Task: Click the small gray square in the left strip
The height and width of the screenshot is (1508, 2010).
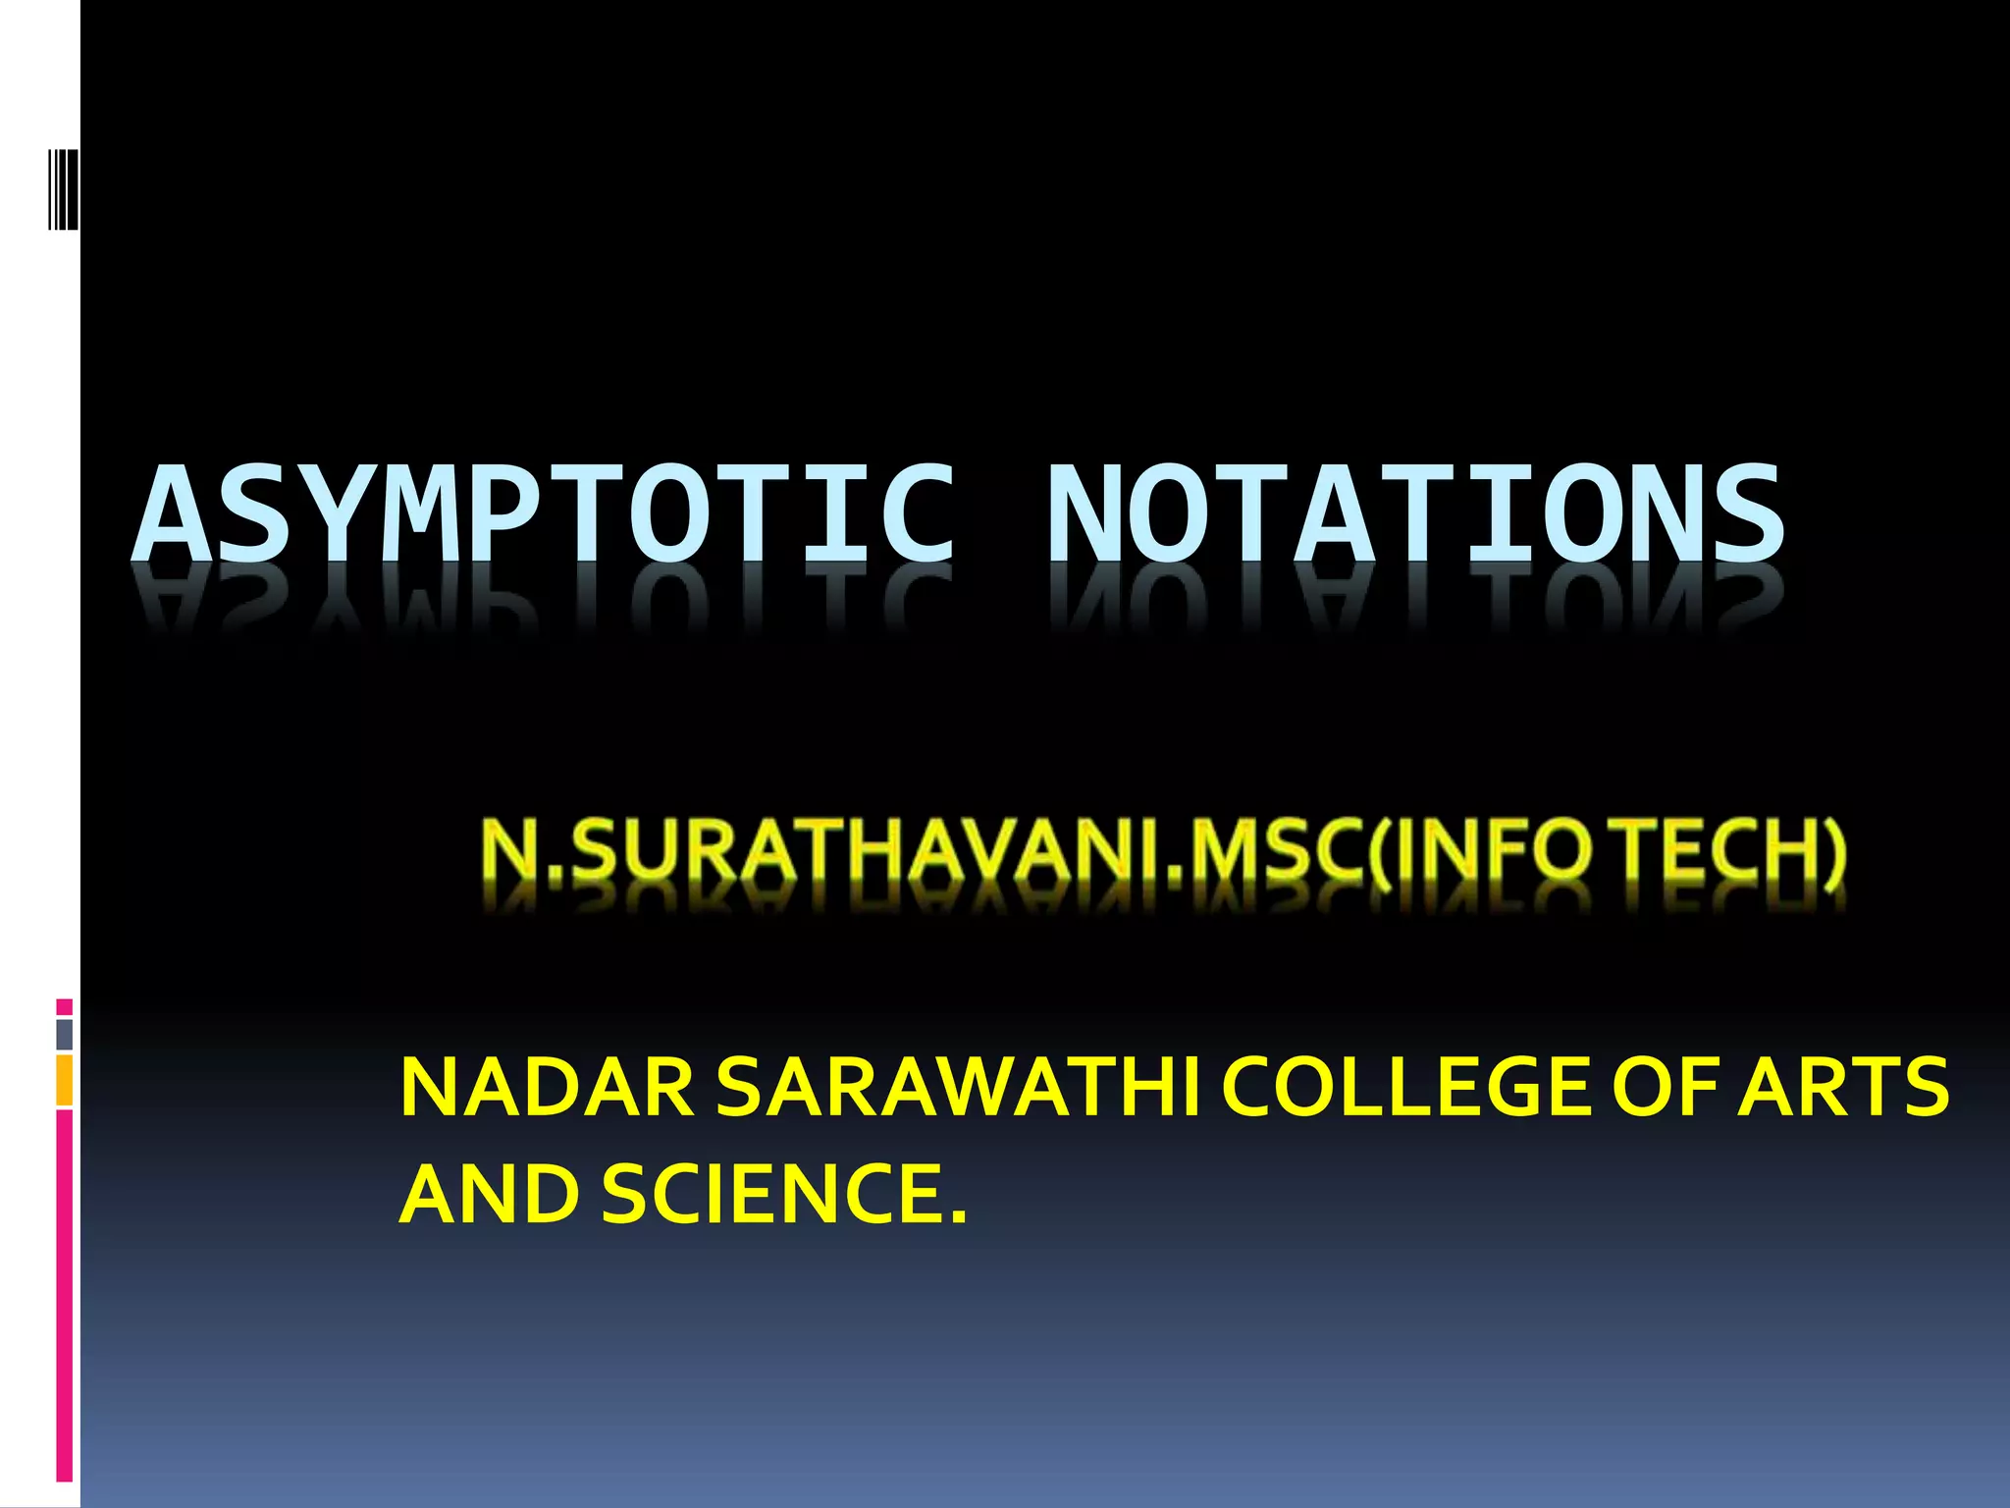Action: point(65,1034)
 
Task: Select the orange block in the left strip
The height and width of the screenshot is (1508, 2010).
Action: point(65,1080)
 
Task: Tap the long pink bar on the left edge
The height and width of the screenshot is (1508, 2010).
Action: point(65,1296)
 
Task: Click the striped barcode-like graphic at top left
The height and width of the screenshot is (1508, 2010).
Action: point(63,174)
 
